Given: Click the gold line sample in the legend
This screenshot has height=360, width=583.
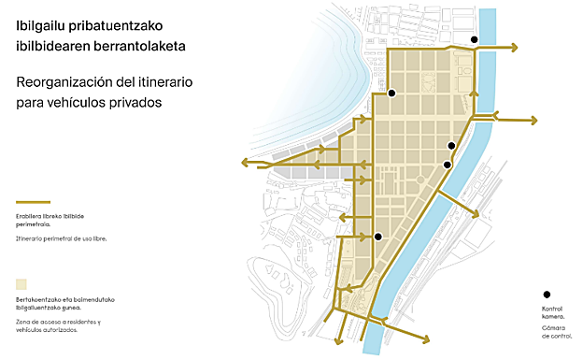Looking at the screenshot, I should (x=33, y=201).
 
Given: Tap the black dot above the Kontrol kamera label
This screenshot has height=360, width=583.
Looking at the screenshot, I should (x=547, y=294).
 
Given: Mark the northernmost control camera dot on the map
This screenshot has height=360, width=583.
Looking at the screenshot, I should (x=475, y=39).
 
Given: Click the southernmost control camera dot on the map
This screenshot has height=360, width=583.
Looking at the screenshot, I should (x=378, y=237).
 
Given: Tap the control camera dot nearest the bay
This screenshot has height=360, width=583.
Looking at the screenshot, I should (x=392, y=93).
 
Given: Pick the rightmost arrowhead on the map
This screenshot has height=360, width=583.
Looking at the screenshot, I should (x=534, y=120).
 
